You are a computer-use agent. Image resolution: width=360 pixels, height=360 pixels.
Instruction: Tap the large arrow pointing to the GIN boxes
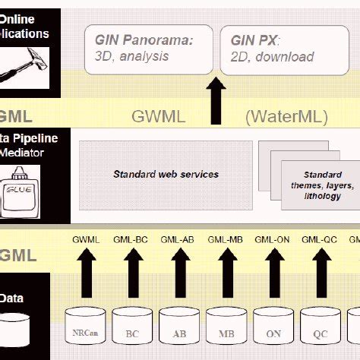point(217,103)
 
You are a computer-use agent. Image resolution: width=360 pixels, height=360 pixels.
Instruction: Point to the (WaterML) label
point(286,116)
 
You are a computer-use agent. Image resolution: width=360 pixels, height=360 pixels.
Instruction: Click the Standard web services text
point(166,174)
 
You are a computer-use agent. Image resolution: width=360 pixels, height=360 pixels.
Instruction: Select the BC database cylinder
point(133,331)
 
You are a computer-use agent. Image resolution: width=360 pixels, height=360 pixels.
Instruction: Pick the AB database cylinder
point(180,331)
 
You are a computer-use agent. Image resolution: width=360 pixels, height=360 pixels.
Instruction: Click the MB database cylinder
point(227,331)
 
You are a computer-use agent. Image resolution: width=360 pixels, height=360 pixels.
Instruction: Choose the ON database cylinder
point(273,331)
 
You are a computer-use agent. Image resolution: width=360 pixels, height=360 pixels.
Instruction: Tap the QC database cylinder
point(320,331)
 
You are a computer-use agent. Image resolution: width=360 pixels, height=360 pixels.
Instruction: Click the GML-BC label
point(131,240)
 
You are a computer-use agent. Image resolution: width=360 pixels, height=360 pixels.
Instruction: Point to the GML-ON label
point(272,240)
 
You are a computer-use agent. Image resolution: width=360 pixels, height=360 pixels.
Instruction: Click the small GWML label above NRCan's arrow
point(86,240)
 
